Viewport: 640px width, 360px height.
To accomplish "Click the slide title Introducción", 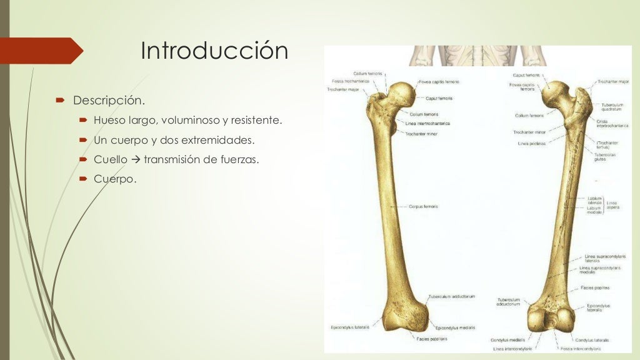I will click(214, 51).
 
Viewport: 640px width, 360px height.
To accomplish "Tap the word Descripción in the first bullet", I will click(109, 100).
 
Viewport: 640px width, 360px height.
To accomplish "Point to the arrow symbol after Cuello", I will click(136, 160).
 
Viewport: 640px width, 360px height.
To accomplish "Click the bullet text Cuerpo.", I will click(114, 179).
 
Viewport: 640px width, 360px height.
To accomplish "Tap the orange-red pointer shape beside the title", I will click(41, 51).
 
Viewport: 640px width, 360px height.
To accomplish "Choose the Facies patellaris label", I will click(432, 339).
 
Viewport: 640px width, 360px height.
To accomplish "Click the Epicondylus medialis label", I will click(455, 327).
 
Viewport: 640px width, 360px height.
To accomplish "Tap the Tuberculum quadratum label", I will click(612, 107).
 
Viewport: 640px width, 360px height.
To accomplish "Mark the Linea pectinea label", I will click(532, 143).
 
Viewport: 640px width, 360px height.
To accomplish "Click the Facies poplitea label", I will click(594, 287).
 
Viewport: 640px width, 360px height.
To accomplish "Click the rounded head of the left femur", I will click(400, 93).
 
